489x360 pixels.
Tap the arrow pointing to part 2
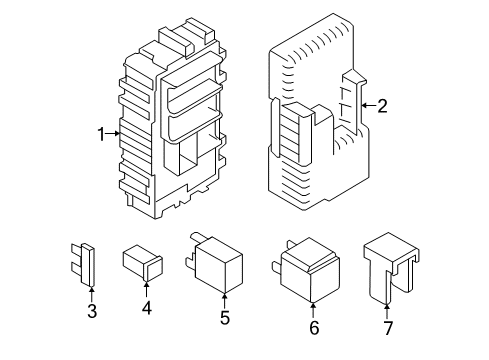point(368,104)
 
